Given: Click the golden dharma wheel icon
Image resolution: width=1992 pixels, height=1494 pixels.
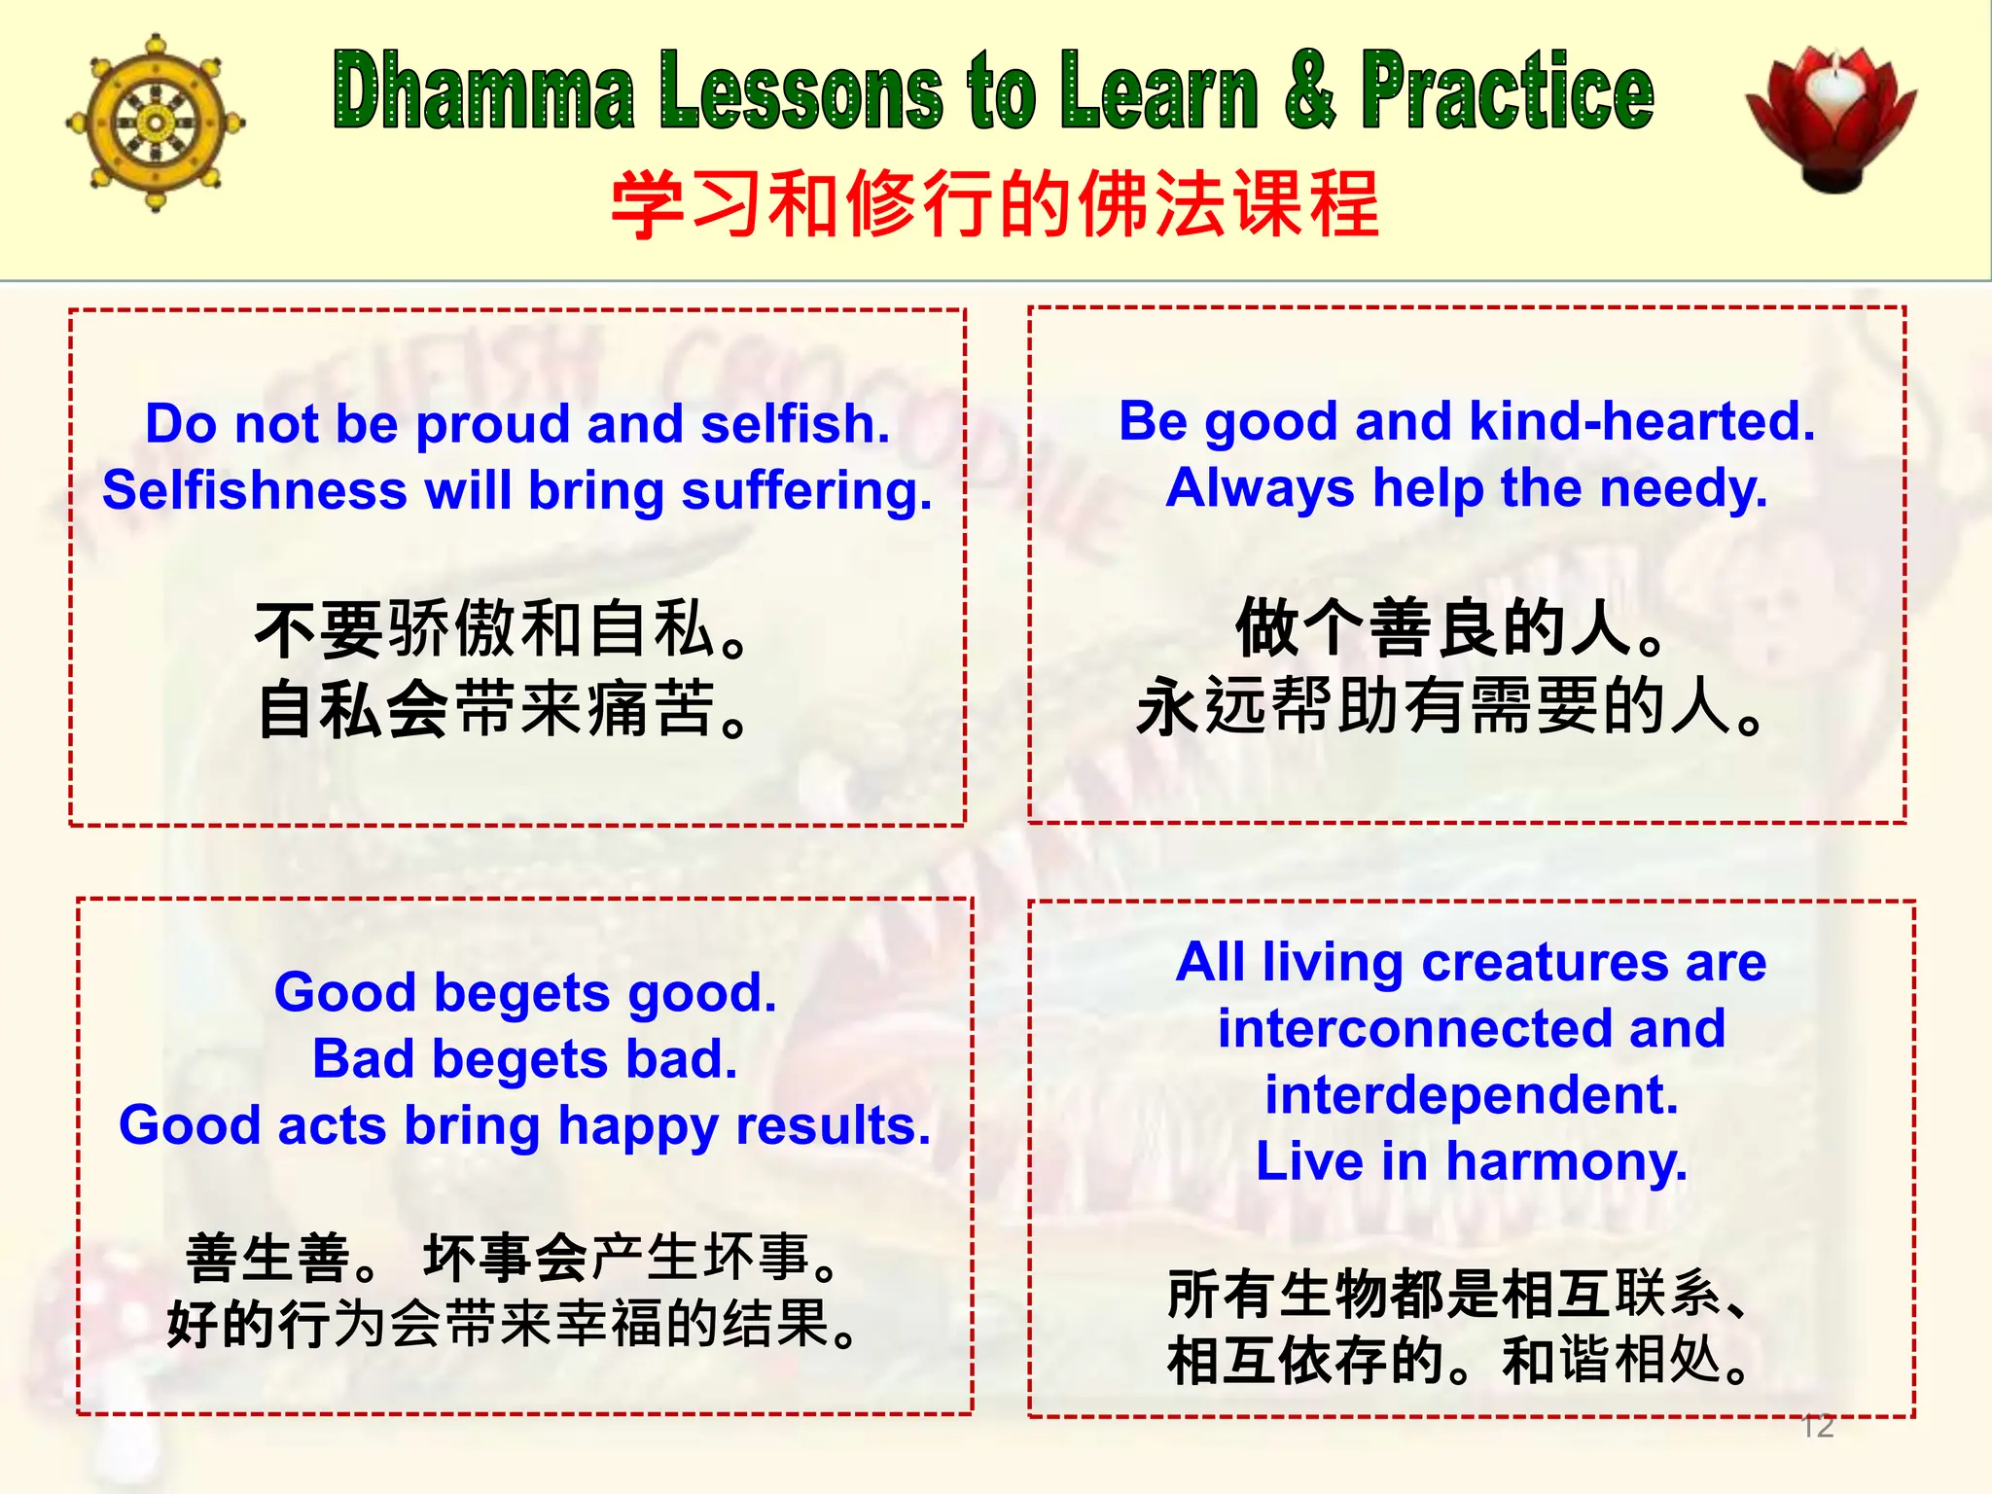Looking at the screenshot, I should (x=155, y=123).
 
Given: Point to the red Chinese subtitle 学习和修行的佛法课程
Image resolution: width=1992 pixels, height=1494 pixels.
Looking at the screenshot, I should (x=994, y=204).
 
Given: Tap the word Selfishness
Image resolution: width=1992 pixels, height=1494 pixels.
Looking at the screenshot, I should (x=254, y=490).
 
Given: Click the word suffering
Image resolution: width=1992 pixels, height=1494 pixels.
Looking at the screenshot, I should (x=806, y=490).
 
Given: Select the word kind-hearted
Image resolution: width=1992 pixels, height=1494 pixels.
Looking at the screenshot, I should (x=1642, y=422).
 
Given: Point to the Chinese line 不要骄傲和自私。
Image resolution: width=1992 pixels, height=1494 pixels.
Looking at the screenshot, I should (x=504, y=630).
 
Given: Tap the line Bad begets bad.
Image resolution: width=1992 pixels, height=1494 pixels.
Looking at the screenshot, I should (x=525, y=1059).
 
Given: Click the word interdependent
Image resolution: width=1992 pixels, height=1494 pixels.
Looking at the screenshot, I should (x=1471, y=1095).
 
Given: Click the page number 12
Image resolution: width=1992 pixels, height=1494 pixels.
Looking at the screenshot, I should (x=1817, y=1426).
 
